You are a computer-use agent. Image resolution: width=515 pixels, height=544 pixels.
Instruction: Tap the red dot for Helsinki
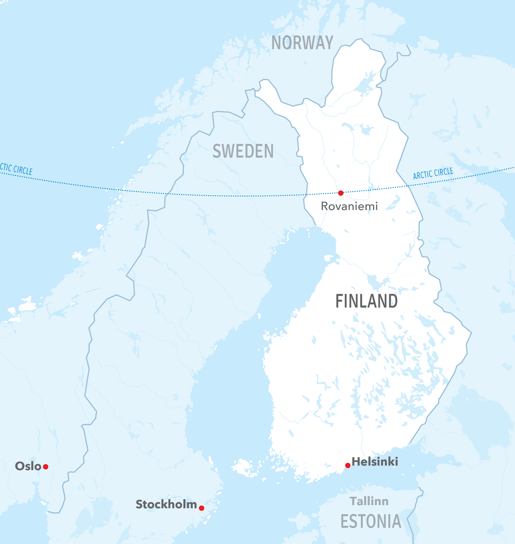pyautogui.click(x=348, y=465)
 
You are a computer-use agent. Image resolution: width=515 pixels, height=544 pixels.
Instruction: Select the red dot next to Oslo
pyautogui.click(x=46, y=467)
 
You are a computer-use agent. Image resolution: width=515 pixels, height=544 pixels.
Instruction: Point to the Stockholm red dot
pyautogui.click(x=201, y=508)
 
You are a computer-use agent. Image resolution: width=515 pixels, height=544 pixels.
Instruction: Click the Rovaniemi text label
pyautogui.click(x=349, y=206)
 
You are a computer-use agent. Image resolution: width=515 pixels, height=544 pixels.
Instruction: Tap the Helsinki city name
pyautogui.click(x=375, y=462)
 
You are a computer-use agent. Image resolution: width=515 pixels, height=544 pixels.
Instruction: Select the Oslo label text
pyautogui.click(x=28, y=466)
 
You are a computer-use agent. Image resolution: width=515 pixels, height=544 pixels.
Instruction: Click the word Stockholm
pyautogui.click(x=166, y=504)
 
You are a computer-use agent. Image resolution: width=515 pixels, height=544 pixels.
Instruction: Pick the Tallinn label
pyautogui.click(x=369, y=501)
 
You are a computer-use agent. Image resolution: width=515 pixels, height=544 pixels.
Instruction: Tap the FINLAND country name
pyautogui.click(x=366, y=301)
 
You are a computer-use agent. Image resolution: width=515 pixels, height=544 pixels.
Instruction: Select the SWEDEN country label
pyautogui.click(x=243, y=151)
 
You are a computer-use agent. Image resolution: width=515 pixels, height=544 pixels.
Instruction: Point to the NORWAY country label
pyautogui.click(x=302, y=43)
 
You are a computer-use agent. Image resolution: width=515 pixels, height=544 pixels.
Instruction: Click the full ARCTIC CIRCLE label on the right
pyautogui.click(x=433, y=173)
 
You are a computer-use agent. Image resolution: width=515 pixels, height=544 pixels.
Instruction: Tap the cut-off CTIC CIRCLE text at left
pyautogui.click(x=16, y=169)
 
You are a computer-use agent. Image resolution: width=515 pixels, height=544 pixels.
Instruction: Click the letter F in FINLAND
pyautogui.click(x=339, y=301)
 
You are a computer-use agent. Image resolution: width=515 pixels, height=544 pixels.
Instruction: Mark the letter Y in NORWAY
pyautogui.click(x=329, y=43)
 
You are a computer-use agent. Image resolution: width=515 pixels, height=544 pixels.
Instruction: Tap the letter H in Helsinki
pyautogui.click(x=356, y=462)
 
